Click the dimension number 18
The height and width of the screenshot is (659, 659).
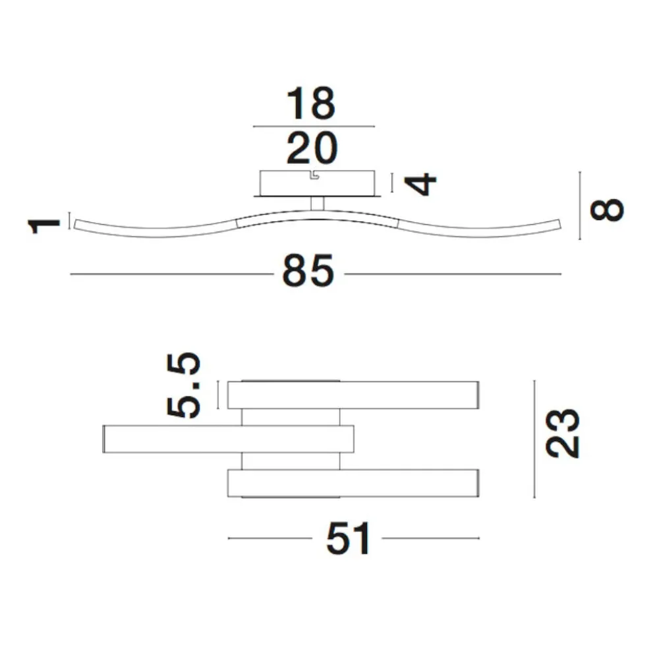311,103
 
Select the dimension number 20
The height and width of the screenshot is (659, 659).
312,148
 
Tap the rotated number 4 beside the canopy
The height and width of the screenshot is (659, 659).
420,184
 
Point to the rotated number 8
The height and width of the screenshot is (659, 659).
607,210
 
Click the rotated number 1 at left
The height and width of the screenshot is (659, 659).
43,225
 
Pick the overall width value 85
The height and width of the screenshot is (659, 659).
308,271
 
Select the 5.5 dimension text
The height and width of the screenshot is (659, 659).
183,386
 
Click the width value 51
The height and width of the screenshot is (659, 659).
348,538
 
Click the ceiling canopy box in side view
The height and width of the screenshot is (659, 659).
318,183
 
